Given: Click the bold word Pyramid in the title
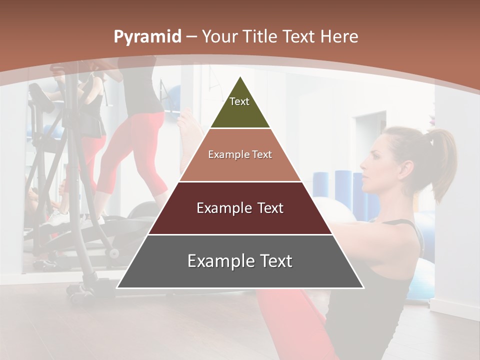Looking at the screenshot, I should pos(147,37).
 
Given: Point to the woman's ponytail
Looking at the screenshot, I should pos(442,160).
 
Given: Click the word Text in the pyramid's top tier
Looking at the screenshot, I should pos(239,101).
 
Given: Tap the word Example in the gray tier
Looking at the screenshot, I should pos(220,261).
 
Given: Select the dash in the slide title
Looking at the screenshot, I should pos(191,37).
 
